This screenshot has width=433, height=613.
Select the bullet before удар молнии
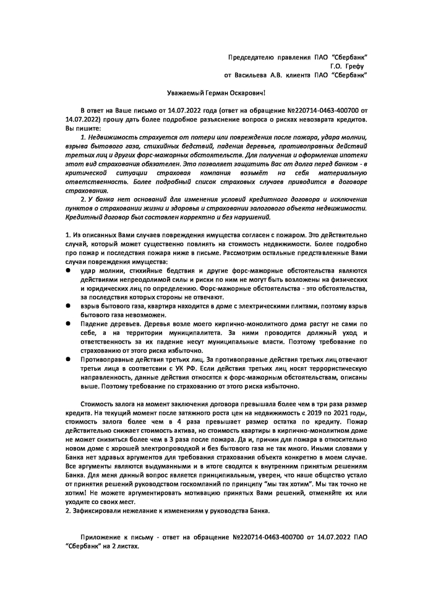[x=68, y=271]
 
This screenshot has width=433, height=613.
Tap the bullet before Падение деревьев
[x=68, y=323]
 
